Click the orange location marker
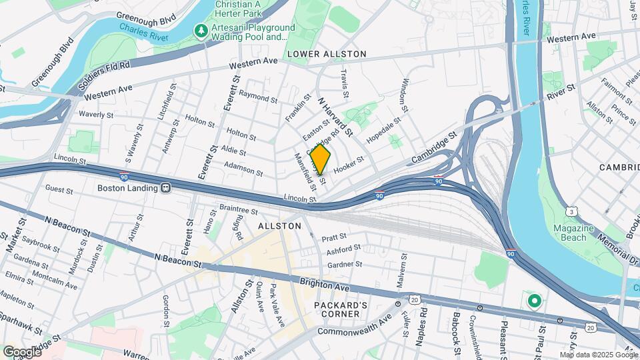(x=321, y=160)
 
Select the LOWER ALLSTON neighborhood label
(x=327, y=53)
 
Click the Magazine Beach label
(x=573, y=233)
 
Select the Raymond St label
(x=257, y=97)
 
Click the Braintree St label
(x=239, y=210)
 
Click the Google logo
(x=22, y=351)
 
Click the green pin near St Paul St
(x=534, y=301)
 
